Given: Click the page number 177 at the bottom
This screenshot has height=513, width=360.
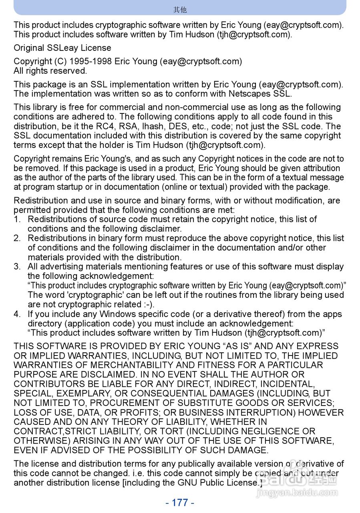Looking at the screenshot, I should (180, 503).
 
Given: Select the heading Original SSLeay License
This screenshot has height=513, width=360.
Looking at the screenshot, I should (62, 48).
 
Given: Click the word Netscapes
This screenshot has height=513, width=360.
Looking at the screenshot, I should (249, 94).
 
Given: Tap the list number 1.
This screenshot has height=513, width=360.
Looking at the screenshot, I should (17, 219).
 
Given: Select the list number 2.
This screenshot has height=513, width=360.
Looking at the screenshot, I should (17, 238).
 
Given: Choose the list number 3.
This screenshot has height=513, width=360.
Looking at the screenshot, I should (17, 267).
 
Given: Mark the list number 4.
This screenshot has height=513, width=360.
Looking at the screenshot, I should (17, 314).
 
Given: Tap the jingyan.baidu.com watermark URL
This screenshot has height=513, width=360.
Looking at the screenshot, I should (297, 493).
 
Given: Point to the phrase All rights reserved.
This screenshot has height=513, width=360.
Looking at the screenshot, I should (50, 71).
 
